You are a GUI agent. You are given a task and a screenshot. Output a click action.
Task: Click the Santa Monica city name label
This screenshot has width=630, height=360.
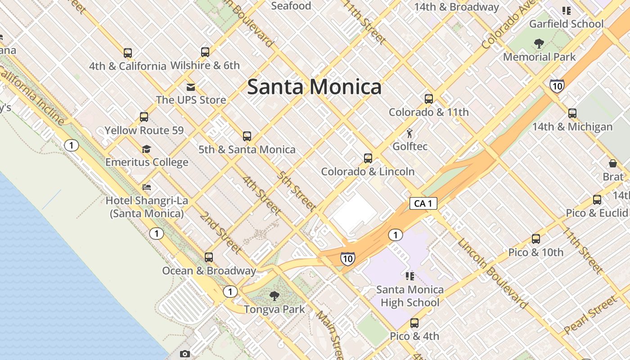coord(314,87)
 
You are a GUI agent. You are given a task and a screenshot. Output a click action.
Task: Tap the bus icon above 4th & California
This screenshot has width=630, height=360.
coord(128,53)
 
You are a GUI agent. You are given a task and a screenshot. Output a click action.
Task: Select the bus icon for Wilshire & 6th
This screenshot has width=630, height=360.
coord(205,52)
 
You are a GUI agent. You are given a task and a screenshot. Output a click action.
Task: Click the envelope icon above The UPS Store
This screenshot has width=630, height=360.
coord(191,87)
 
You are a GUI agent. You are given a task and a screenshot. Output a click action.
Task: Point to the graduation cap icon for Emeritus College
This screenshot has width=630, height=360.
coord(146,149)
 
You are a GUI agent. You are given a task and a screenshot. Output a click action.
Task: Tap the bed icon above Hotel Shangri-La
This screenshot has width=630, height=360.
coord(146,187)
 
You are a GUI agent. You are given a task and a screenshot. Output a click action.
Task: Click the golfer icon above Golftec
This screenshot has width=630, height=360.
coord(409,134)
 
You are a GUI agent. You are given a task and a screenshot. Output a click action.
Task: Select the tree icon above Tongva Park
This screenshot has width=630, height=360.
coord(274,296)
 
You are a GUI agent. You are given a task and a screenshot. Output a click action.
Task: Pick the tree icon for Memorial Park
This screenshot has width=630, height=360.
coord(539,44)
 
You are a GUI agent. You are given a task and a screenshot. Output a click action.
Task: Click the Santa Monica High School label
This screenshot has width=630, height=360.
coord(409,296)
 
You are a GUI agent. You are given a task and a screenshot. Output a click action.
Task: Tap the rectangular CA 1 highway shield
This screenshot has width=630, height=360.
coord(423,203)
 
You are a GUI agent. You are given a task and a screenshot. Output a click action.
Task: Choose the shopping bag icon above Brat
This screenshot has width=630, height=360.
coord(612,163)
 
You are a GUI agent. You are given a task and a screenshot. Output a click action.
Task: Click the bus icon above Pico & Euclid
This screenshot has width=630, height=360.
coord(597,200)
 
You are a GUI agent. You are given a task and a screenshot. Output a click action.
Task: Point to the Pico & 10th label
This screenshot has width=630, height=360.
coord(535,252)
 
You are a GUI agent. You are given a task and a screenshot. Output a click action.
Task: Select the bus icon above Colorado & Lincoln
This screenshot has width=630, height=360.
coord(368,158)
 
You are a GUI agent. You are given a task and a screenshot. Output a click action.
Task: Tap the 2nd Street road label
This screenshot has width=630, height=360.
coord(220,232)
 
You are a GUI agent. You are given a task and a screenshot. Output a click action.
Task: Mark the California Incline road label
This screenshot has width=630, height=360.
coord(32,95)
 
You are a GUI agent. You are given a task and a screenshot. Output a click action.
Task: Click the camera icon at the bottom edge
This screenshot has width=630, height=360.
coord(184,354)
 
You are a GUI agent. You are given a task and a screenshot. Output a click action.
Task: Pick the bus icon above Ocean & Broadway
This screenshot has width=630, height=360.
coord(209,257)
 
